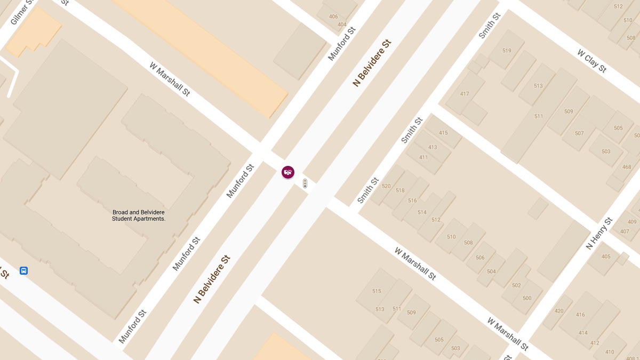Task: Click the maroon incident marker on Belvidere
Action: point(288,172)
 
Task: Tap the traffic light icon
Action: point(305,183)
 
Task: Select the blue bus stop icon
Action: point(23,270)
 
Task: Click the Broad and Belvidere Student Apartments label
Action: point(139,215)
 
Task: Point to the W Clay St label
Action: point(592,61)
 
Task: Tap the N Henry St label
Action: point(599,234)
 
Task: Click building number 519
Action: point(507,51)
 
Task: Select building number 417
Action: point(465,94)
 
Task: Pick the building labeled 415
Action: point(443,133)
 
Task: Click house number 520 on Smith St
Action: point(386,186)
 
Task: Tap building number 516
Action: point(412,201)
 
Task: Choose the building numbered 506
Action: point(480,258)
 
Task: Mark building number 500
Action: point(527,298)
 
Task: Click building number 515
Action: point(377,291)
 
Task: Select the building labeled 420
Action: point(559,311)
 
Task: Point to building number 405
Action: point(606,257)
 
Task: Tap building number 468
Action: point(627,167)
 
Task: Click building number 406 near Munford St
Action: point(333,17)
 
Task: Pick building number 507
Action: point(579,133)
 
